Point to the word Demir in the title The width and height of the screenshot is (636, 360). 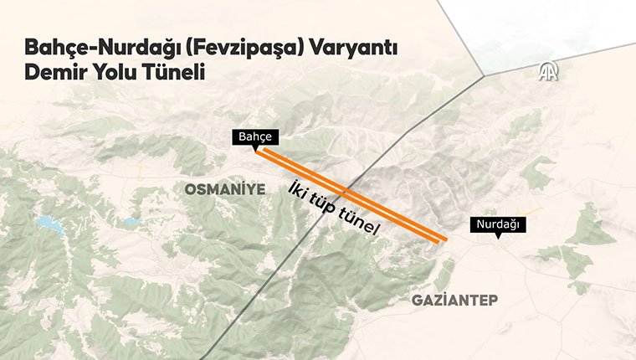[55, 74]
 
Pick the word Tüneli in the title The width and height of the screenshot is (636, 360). [177, 74]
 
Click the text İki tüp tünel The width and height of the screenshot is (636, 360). [335, 207]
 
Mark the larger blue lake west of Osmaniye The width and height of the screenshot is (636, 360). [44, 224]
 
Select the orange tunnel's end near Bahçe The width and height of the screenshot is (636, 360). [258, 152]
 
